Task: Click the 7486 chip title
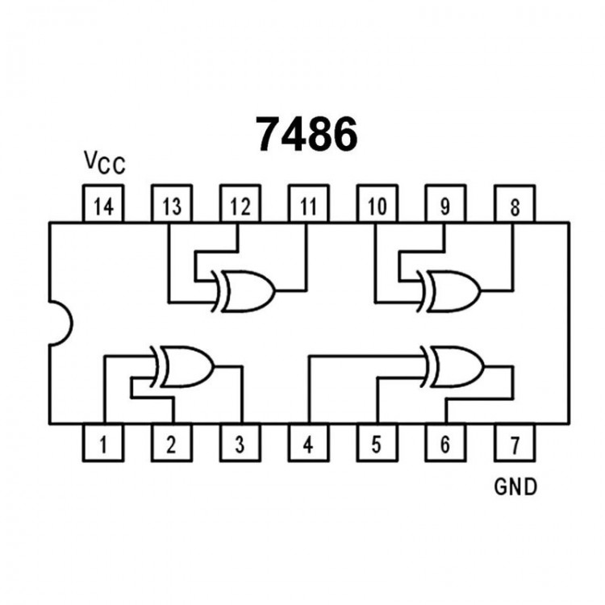pyautogui.click(x=307, y=134)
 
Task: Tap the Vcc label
pyautogui.click(x=104, y=162)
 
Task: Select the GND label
pyautogui.click(x=515, y=486)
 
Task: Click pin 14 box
pyautogui.click(x=103, y=205)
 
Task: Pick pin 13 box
pyautogui.click(x=171, y=205)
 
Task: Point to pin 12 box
pyautogui.click(x=240, y=205)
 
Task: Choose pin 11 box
pyautogui.click(x=308, y=205)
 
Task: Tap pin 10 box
pyautogui.click(x=377, y=205)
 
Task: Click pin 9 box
pyautogui.click(x=445, y=205)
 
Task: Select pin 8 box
pyautogui.click(x=514, y=205)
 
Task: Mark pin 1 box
pyautogui.click(x=103, y=443)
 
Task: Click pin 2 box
pyautogui.click(x=171, y=443)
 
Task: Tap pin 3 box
pyautogui.click(x=240, y=443)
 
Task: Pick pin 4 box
pyautogui.click(x=308, y=443)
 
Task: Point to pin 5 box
pyautogui.click(x=377, y=443)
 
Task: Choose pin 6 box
pyautogui.click(x=445, y=443)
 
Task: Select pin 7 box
pyautogui.click(x=514, y=443)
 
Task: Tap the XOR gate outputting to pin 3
pyautogui.click(x=185, y=367)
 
